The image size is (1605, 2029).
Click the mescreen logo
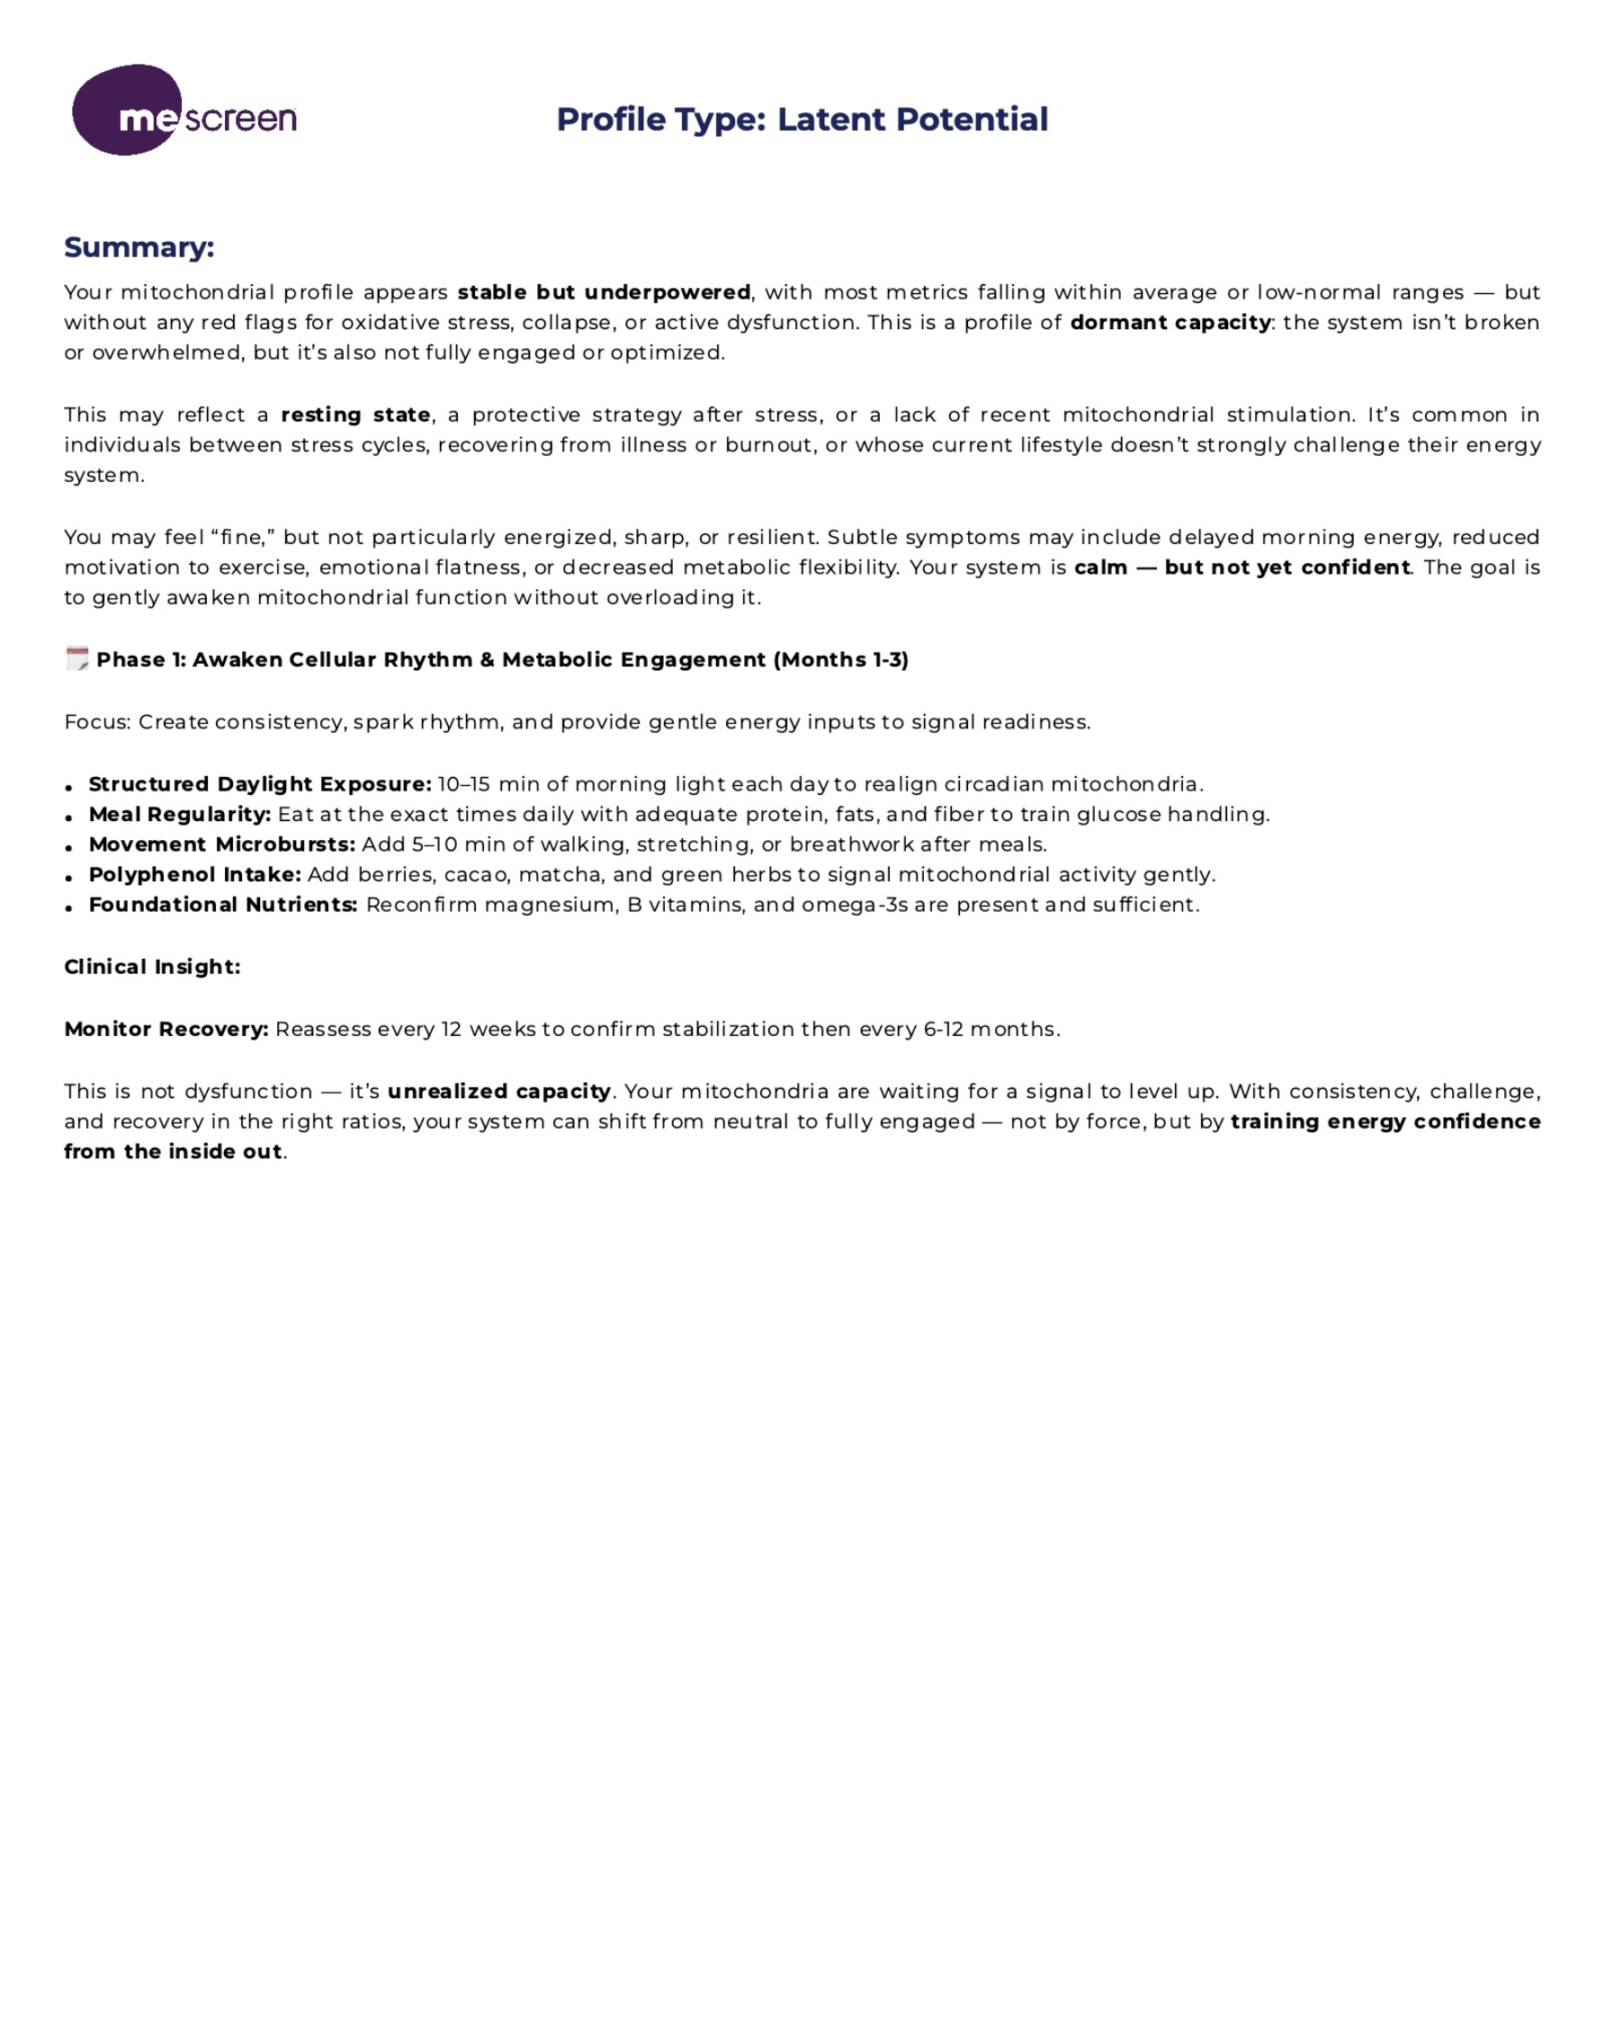coord(184,111)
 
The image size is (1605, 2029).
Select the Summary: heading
coord(139,247)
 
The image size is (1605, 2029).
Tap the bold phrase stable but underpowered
coord(604,292)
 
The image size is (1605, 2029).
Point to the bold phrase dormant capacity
coord(1170,322)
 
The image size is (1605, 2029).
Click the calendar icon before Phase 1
coord(77,658)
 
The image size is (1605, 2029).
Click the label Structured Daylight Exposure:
coord(260,784)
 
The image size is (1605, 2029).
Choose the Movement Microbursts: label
coord(222,845)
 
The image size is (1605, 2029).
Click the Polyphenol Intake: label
coord(194,874)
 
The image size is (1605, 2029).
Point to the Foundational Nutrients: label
coord(223,905)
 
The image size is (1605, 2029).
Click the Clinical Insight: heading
coord(152,967)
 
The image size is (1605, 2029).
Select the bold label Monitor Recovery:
coord(166,1029)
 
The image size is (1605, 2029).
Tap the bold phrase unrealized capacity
coord(499,1091)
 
